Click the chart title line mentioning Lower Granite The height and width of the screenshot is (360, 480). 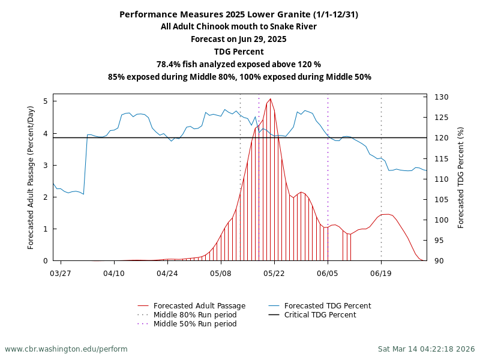239,14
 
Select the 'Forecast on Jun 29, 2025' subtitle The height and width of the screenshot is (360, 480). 239,39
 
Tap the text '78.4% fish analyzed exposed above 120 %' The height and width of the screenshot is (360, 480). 239,64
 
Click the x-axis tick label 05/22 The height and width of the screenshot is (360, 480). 274,273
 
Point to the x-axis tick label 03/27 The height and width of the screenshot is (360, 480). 61,273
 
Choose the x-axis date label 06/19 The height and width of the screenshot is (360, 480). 381,273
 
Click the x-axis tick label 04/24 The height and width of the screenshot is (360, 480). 167,273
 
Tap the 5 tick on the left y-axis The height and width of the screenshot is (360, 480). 46,101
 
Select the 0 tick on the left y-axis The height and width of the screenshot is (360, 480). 46,261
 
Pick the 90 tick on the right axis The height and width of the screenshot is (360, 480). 439,261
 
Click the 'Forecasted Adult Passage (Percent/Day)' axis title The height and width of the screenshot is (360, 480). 31,177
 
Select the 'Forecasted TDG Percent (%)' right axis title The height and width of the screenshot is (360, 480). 461,177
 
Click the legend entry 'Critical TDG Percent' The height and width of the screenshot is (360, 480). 320,315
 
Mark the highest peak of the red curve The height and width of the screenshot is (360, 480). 271,99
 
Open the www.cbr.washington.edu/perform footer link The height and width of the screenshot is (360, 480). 66,349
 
